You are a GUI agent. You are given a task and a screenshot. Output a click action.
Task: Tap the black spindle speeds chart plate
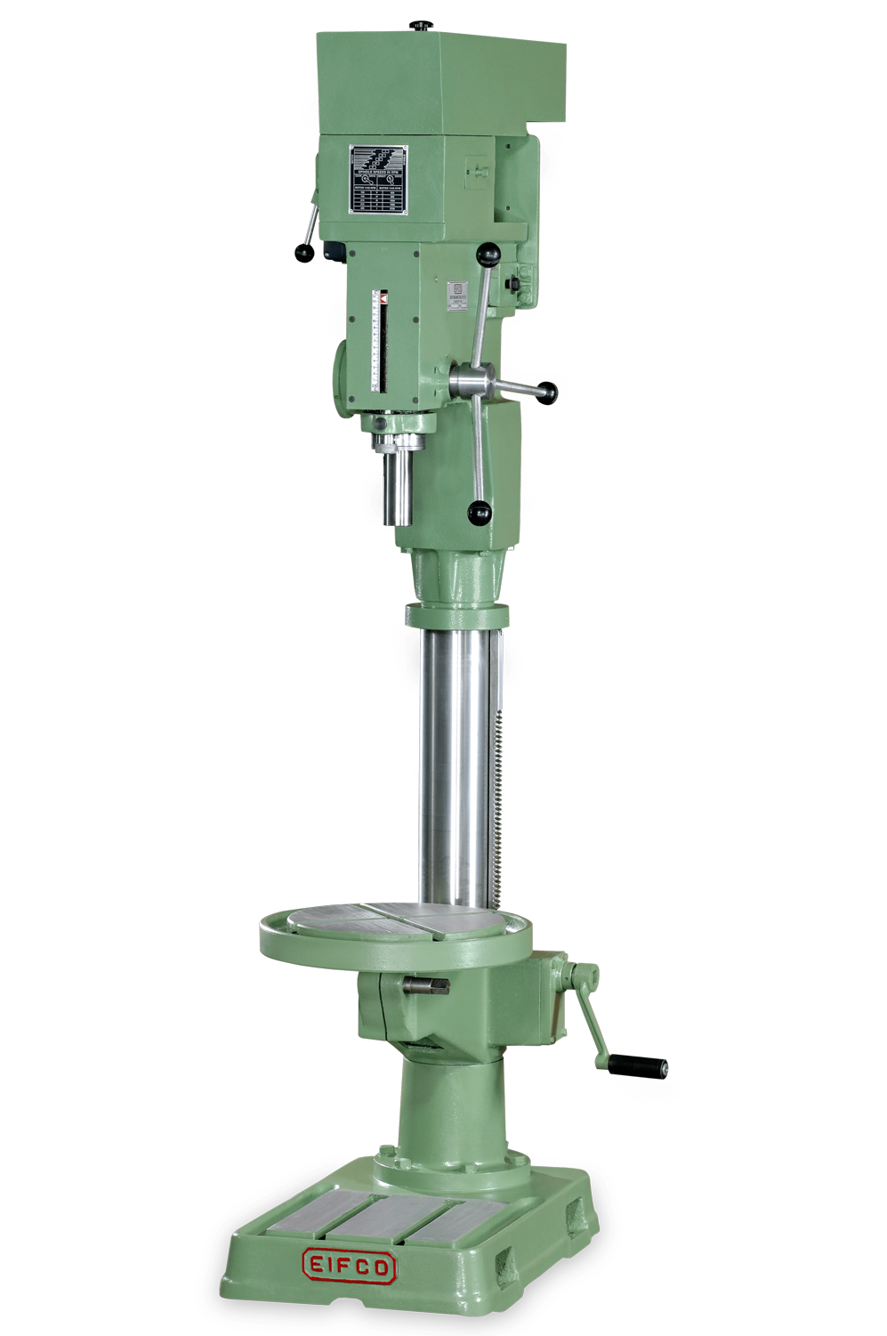(x=378, y=179)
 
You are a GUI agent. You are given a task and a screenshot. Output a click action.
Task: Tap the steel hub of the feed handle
(x=469, y=380)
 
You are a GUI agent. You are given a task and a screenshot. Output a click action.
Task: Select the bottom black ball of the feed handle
(x=480, y=511)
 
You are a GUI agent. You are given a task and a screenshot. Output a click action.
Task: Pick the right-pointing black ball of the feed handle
(x=548, y=391)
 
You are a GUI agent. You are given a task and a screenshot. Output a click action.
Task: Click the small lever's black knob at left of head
(x=304, y=254)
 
